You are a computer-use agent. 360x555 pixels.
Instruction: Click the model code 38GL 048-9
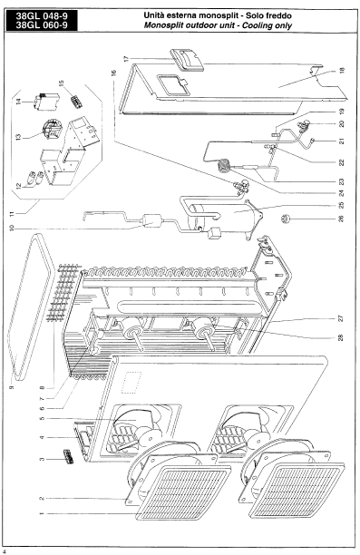pyautogui.click(x=42, y=16)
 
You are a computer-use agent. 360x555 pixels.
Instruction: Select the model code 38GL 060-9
pyautogui.click(x=42, y=25)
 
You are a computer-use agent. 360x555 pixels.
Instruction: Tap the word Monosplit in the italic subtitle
pyautogui.click(x=162, y=25)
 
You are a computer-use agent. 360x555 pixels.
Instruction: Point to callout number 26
pyautogui.click(x=341, y=219)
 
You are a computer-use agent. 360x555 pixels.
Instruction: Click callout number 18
pyautogui.click(x=342, y=71)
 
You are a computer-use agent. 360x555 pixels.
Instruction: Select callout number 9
pyautogui.click(x=11, y=388)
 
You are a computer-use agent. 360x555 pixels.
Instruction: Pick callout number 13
pyautogui.click(x=18, y=136)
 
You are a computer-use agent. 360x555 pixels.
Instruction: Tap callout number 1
pyautogui.click(x=42, y=513)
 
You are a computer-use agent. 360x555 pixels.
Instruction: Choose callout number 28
pyautogui.click(x=341, y=337)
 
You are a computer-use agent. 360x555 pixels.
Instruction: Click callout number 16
pyautogui.click(x=113, y=73)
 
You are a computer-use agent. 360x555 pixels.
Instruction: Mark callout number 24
pyautogui.click(x=341, y=193)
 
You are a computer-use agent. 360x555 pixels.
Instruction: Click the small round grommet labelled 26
pyautogui.click(x=286, y=219)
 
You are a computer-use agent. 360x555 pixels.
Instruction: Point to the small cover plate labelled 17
pyautogui.click(x=187, y=60)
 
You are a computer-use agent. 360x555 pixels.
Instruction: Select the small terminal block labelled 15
pyautogui.click(x=76, y=101)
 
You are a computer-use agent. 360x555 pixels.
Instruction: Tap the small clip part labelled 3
pyautogui.click(x=68, y=457)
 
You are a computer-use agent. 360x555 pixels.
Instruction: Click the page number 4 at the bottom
pyautogui.click(x=4, y=551)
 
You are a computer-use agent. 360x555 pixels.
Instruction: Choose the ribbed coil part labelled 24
pyautogui.click(x=224, y=165)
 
